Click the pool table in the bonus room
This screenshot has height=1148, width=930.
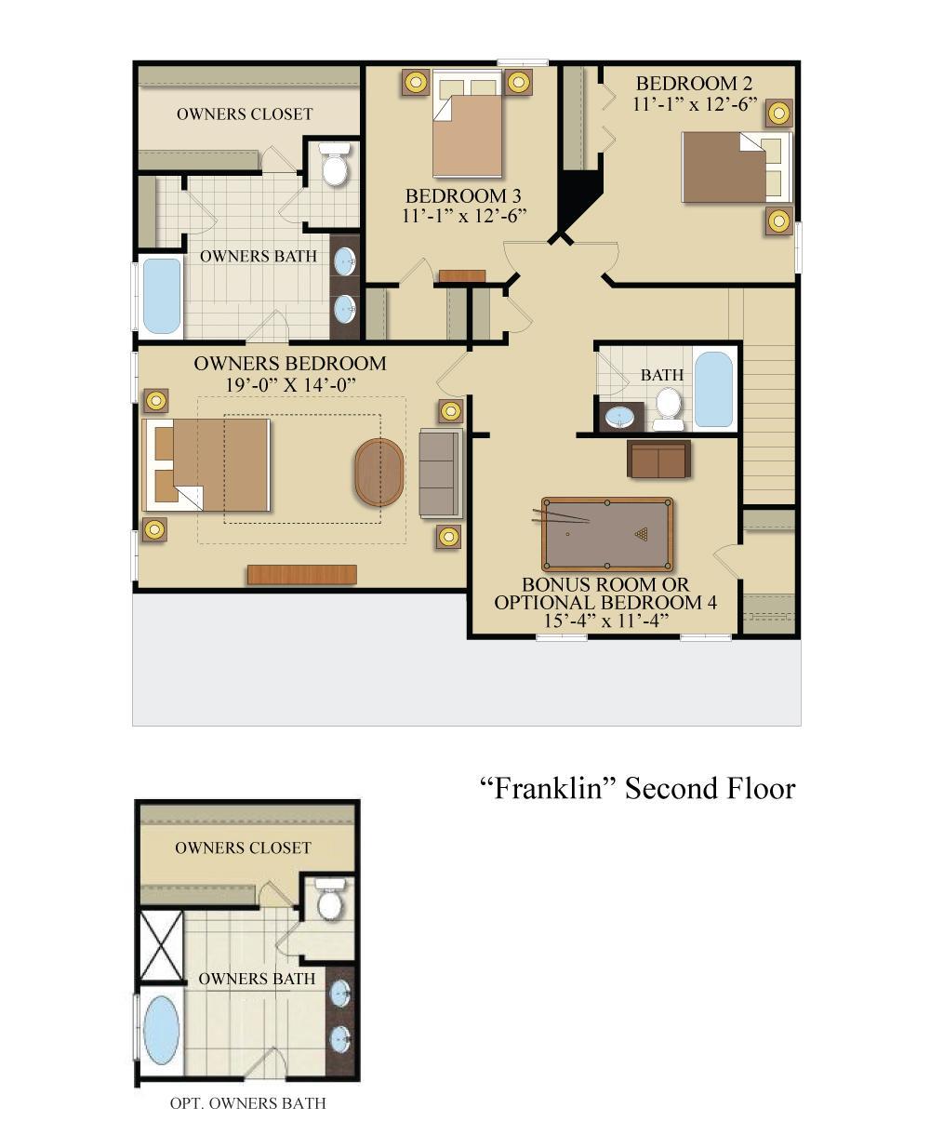[x=607, y=535]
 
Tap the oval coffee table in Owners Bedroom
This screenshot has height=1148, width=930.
[x=379, y=473]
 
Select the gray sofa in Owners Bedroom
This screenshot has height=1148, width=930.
[x=440, y=473]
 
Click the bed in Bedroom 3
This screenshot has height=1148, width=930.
[x=468, y=130]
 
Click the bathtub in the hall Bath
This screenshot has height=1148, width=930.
[x=713, y=390]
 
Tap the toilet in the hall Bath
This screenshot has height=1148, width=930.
[x=668, y=407]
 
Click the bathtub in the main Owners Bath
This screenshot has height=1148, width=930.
[x=162, y=296]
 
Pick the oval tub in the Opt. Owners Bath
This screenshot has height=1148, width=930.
[x=162, y=1030]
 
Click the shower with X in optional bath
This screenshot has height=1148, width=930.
[x=161, y=944]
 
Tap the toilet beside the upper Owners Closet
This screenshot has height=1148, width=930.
[x=333, y=165]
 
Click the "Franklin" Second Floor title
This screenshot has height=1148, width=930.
[x=637, y=789]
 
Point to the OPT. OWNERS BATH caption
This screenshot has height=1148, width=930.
[x=247, y=1103]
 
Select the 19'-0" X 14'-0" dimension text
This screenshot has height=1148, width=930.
[x=290, y=384]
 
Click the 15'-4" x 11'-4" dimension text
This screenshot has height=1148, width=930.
[x=605, y=621]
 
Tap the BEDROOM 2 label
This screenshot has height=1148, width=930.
[x=694, y=84]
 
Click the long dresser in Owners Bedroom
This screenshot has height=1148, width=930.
[x=301, y=575]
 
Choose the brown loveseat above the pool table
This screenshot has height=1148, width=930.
[x=658, y=460]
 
